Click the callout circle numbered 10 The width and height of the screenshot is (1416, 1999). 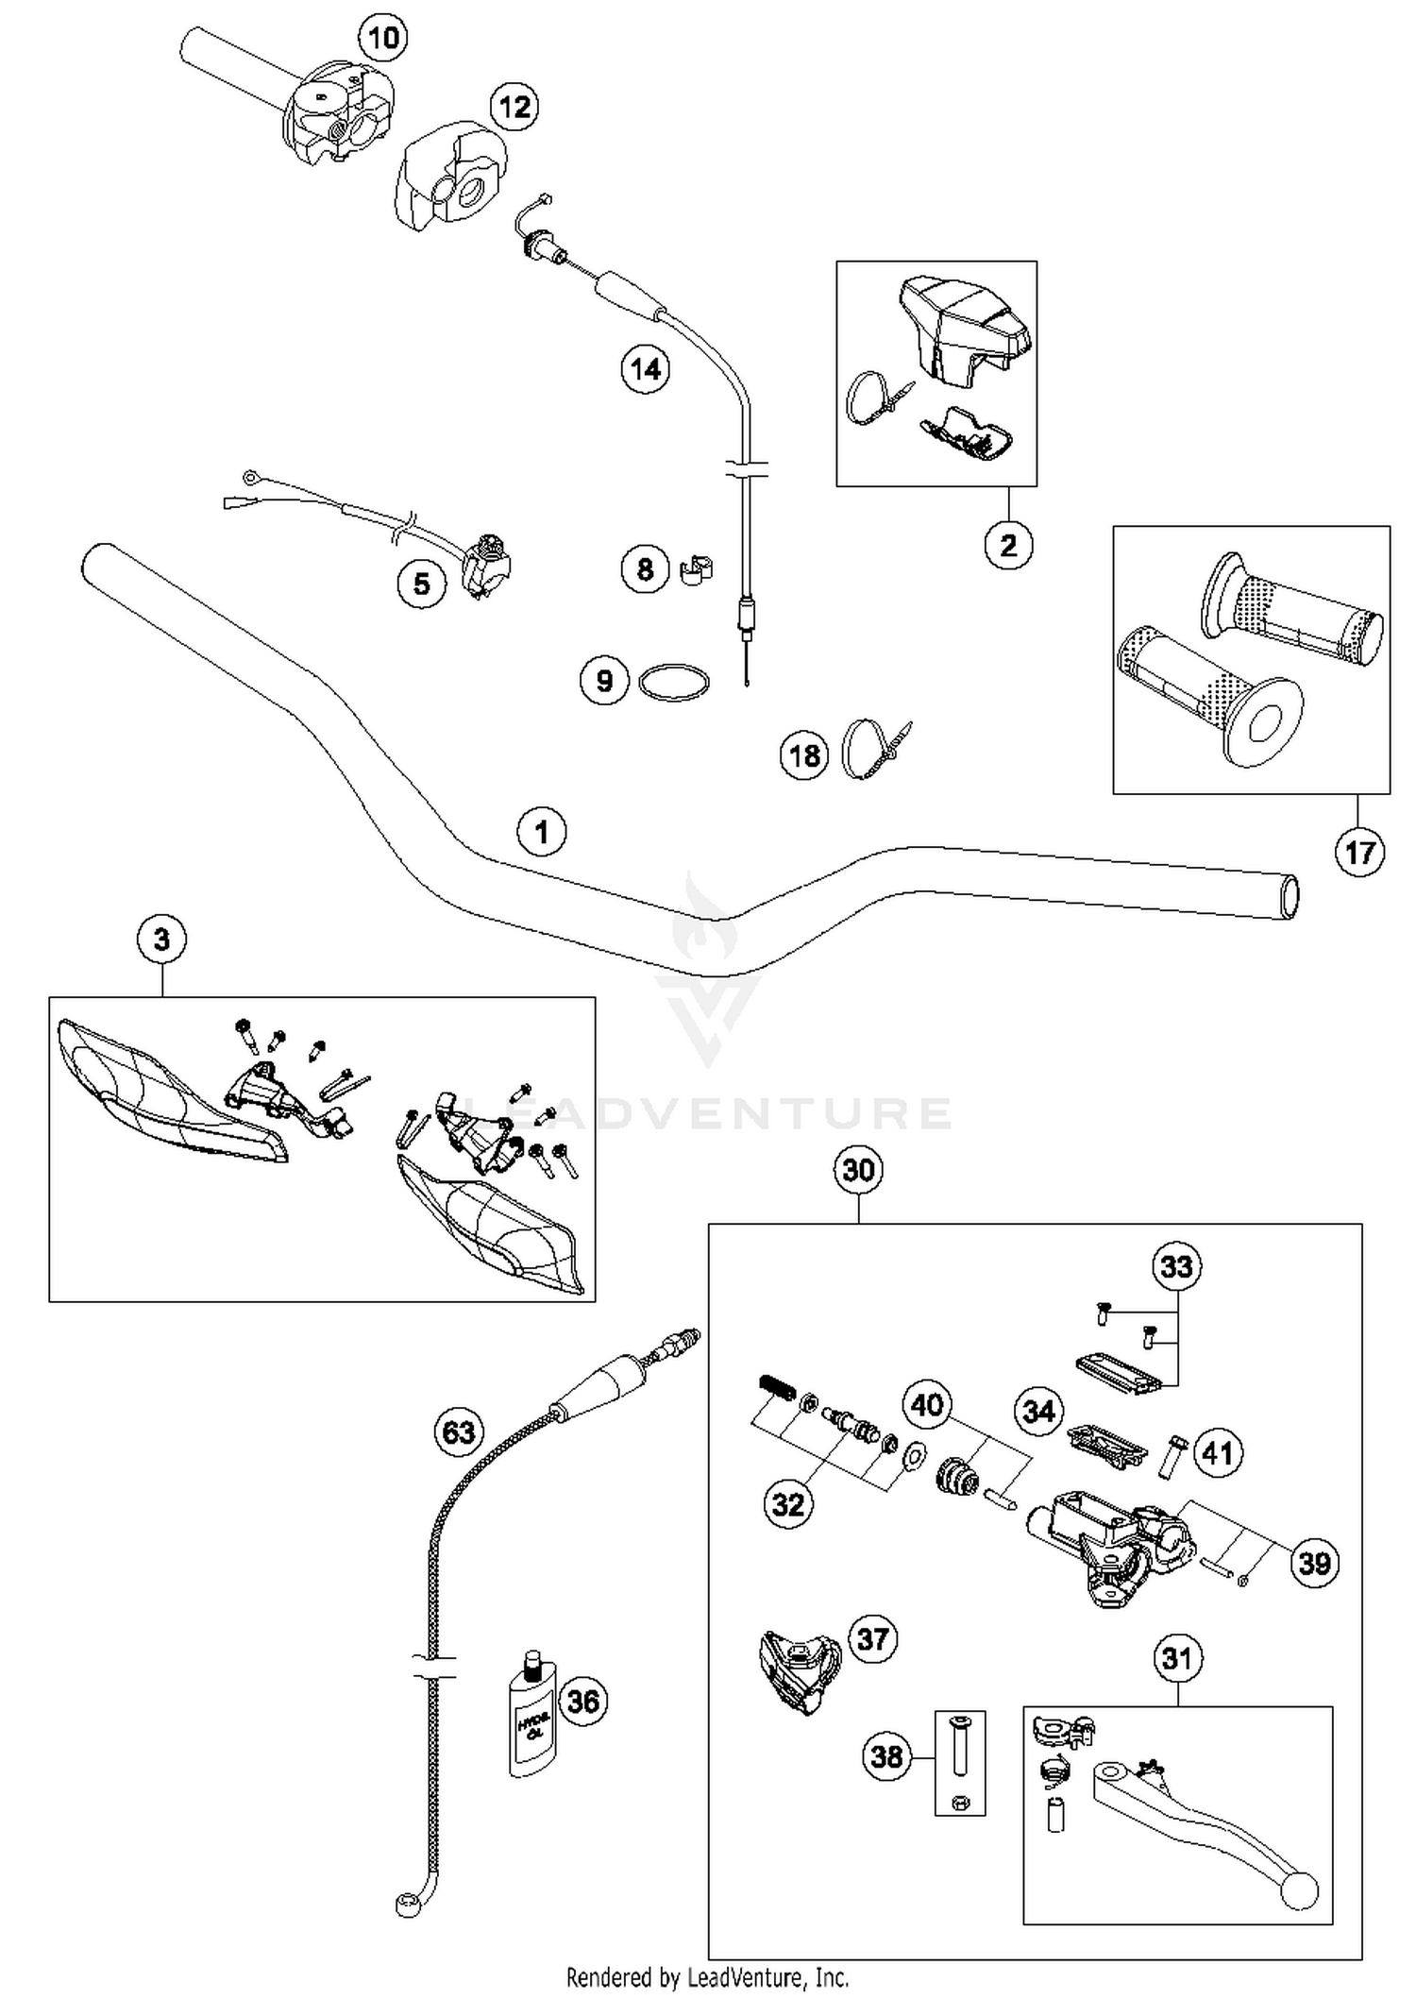coord(383,39)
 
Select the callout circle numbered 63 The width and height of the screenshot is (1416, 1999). coord(459,1432)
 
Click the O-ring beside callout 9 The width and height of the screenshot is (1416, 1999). coord(673,683)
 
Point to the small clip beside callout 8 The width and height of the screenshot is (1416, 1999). coord(696,570)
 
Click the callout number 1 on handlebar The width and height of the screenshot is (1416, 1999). coord(541,832)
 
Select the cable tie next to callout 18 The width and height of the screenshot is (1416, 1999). coord(873,749)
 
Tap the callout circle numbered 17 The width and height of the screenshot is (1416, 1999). coord(1359,853)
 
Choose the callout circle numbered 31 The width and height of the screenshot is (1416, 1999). coord(1177,1658)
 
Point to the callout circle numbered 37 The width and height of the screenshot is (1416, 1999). coord(873,1639)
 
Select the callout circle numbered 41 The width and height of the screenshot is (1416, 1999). coord(1218,1452)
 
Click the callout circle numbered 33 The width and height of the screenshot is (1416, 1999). coord(1176,1266)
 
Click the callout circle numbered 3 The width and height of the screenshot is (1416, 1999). coord(161,940)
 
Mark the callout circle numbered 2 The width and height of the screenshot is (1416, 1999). coord(1008,545)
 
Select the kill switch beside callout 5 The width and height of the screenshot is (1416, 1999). coord(487,566)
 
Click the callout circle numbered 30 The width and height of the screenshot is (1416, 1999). coord(858,1170)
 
